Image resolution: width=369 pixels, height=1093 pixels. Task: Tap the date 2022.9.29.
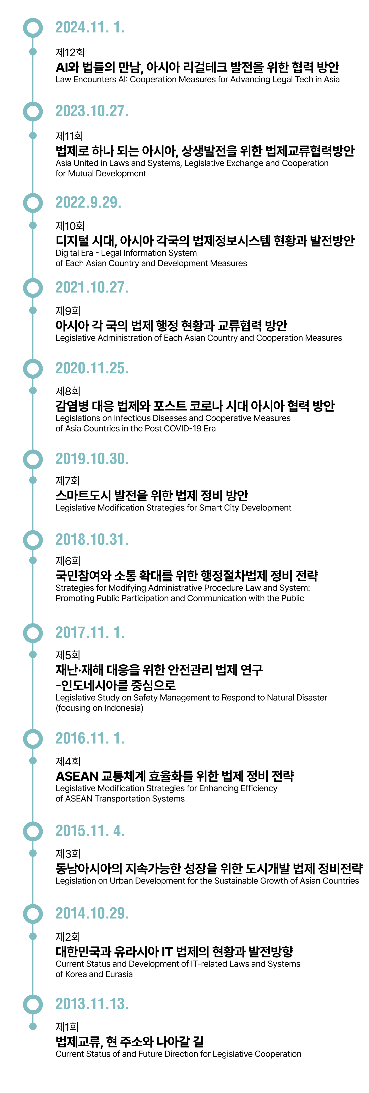88,202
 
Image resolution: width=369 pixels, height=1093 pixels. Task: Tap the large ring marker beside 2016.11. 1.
33,739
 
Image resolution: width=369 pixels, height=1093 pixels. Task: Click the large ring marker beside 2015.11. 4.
33,831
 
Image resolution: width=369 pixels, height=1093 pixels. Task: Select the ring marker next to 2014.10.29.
33,913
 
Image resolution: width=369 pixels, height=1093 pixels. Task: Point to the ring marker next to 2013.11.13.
33,1004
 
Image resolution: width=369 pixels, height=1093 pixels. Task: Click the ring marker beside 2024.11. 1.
33,27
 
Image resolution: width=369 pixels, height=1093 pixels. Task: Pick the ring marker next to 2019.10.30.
33,459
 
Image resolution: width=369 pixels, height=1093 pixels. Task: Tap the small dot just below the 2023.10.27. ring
33,135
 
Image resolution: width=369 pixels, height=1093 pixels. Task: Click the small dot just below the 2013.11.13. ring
33,1026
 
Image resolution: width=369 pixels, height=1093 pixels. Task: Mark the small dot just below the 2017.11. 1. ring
33,654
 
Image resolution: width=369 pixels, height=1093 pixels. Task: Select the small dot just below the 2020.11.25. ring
33,390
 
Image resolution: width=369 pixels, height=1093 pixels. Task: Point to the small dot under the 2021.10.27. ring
33,310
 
